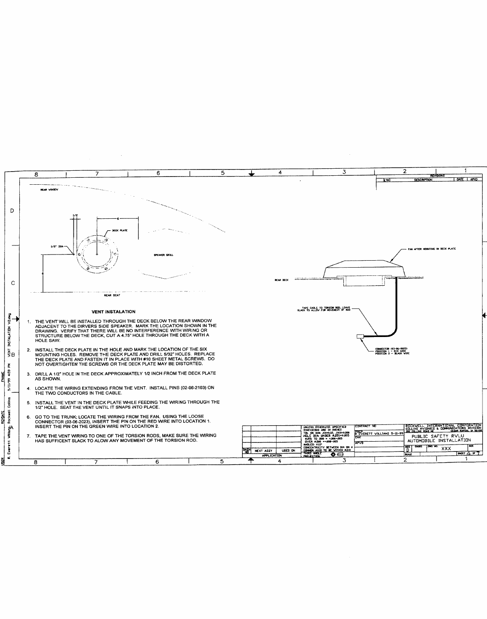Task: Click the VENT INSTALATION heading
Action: [x=113, y=312]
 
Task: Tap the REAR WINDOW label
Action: [x=48, y=190]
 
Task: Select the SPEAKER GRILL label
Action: [x=164, y=255]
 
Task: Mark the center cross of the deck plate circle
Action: [x=97, y=254]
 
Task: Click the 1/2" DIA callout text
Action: [x=56, y=246]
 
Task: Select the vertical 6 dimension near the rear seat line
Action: [x=43, y=273]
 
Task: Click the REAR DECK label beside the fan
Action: [x=281, y=280]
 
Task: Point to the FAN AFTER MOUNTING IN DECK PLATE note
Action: [x=432, y=249]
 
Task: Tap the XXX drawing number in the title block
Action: [x=446, y=449]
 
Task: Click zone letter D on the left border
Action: [x=12, y=211]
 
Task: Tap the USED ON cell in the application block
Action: [x=290, y=450]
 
